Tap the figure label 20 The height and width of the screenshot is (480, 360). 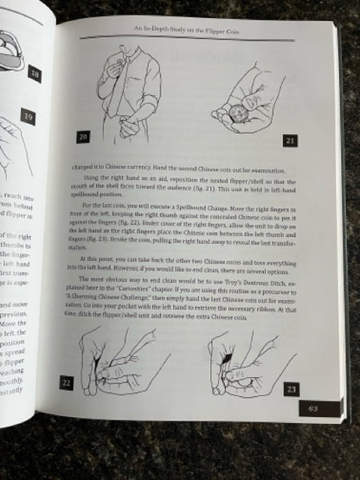click(85, 137)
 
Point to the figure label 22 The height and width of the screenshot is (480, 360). click(65, 381)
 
